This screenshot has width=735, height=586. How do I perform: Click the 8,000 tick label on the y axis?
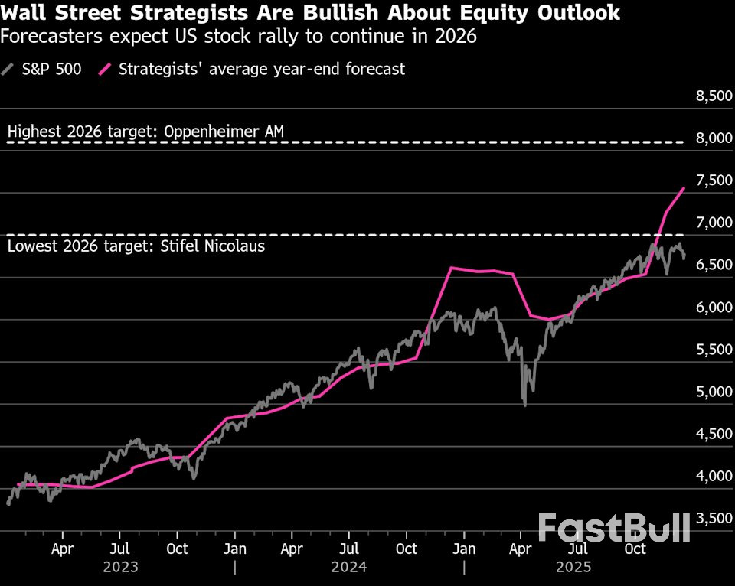coord(709,138)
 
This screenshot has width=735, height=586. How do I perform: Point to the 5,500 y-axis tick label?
coord(709,350)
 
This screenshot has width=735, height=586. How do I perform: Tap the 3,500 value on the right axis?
coord(709,519)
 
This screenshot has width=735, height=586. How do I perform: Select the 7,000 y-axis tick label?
coord(709,223)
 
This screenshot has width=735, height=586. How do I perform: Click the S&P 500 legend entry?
coord(43,69)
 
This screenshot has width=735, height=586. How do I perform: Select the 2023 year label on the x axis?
coord(121,567)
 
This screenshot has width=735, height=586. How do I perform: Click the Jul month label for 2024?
coord(349,549)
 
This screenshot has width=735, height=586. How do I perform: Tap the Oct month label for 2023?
coord(177,549)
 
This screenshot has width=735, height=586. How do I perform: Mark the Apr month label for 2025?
coord(521,549)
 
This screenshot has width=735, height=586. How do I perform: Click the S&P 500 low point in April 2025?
coord(524,405)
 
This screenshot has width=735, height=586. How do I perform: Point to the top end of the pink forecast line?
coord(684,187)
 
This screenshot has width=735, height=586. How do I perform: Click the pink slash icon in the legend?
coord(106,69)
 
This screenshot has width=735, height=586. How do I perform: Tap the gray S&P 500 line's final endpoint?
coord(684,258)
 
